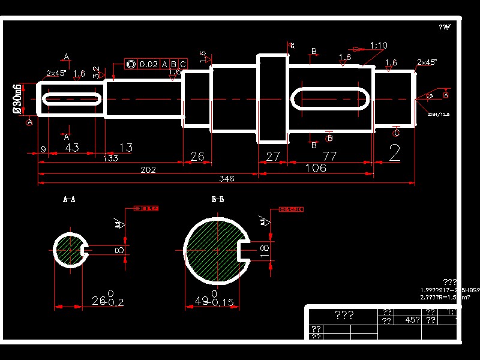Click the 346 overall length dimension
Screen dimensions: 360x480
[x=226, y=179]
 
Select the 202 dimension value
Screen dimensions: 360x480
[x=148, y=170]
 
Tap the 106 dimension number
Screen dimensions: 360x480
[x=316, y=168]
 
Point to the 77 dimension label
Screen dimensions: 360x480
[x=329, y=157]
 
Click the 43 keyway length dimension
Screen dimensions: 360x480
[x=72, y=148]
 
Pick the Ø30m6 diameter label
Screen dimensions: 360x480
[x=18, y=99]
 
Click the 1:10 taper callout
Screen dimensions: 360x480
[x=379, y=46]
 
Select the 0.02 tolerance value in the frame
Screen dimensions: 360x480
[x=148, y=64]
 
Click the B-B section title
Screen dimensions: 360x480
[x=217, y=199]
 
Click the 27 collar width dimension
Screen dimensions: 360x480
[x=272, y=157]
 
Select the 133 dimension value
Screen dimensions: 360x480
[x=110, y=158]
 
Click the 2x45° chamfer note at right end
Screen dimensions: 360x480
[x=427, y=62]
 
